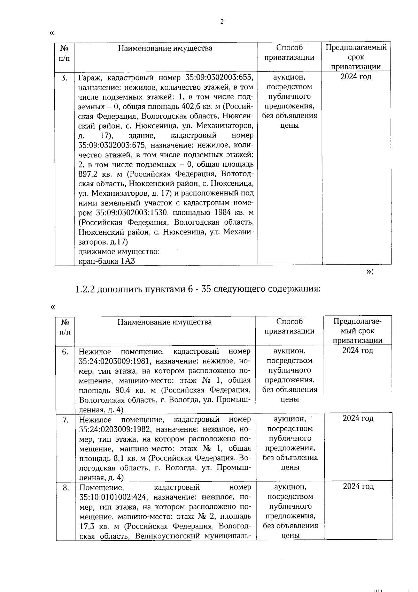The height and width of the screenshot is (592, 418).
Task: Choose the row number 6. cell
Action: click(65, 352)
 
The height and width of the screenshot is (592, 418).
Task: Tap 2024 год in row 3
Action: click(356, 77)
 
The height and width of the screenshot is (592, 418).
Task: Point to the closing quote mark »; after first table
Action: click(370, 272)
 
